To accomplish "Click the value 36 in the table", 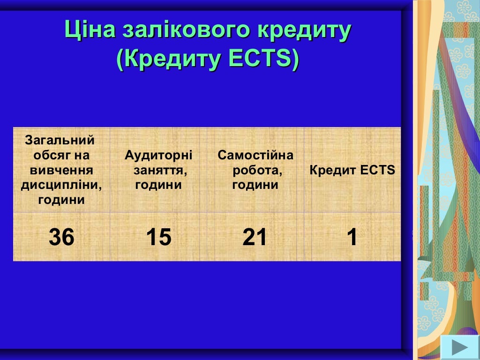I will click(61, 237).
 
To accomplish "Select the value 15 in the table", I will click(158, 237).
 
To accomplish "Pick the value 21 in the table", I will click(255, 237).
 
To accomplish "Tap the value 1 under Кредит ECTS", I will click(352, 237).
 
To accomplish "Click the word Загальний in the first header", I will click(60, 140).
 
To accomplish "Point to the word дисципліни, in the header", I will click(61, 185).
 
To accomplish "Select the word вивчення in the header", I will click(61, 170).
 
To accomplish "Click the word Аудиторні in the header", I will click(158, 155).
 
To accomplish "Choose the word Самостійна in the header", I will click(255, 155).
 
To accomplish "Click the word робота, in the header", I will click(257, 170).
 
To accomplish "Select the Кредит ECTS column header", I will click(352, 170).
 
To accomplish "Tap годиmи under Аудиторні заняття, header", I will click(158, 185).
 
